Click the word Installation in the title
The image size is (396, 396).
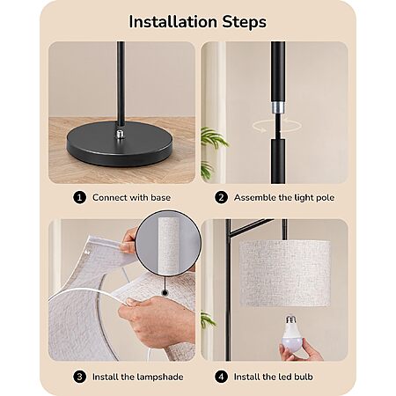coord(173,22)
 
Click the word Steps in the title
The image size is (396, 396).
coord(245,22)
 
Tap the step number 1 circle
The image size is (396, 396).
coord(79,197)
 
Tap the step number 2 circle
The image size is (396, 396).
coord(221,197)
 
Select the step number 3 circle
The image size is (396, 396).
coord(79,377)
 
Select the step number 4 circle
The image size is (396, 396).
coord(221,377)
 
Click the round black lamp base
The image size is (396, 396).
coord(119,144)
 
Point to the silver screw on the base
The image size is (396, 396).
coord(120,134)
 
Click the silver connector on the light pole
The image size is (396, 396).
coord(278,107)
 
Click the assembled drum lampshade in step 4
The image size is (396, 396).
coord(285,274)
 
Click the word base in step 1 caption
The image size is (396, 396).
coord(160,197)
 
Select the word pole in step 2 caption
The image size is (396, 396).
coord(325,198)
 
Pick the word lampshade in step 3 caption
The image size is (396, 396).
coord(160,378)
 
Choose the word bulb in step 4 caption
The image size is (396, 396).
coord(304,377)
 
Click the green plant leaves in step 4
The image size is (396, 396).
coord(208,319)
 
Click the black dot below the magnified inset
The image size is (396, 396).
coord(165,292)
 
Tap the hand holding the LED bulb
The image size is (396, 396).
coord(300,349)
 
